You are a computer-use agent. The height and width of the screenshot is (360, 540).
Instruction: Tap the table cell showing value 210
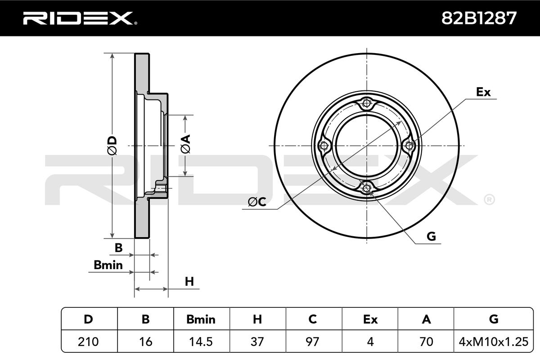pyautogui.click(x=89, y=342)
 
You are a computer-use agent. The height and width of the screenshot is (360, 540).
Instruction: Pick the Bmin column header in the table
pyautogui.click(x=201, y=319)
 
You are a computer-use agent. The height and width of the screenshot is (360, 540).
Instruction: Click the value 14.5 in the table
pyautogui.click(x=201, y=342)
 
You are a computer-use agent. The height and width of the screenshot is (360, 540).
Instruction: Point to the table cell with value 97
pyautogui.click(x=313, y=342)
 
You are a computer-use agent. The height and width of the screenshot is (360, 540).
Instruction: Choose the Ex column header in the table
pyautogui.click(x=370, y=319)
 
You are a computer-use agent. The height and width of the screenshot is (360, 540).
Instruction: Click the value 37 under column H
pyautogui.click(x=257, y=342)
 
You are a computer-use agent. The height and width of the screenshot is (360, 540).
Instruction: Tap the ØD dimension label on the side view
pyautogui.click(x=112, y=146)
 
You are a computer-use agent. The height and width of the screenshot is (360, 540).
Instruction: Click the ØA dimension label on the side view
pyautogui.click(x=186, y=144)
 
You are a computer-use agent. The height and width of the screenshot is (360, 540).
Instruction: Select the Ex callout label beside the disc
pyautogui.click(x=483, y=92)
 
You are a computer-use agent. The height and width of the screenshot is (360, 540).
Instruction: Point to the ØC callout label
pyautogui.click(x=257, y=203)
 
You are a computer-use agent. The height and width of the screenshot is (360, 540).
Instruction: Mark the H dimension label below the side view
pyautogui.click(x=189, y=282)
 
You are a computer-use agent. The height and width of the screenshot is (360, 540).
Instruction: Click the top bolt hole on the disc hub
pyautogui.click(x=367, y=104)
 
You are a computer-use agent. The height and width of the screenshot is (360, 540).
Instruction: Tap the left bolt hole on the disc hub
pyautogui.click(x=324, y=146)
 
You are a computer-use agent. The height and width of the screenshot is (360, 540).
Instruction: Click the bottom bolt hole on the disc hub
pyautogui.click(x=367, y=188)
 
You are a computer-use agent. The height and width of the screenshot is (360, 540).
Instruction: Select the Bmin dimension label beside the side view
pyautogui.click(x=108, y=265)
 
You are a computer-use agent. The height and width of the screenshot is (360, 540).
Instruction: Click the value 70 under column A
pyautogui.click(x=426, y=342)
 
